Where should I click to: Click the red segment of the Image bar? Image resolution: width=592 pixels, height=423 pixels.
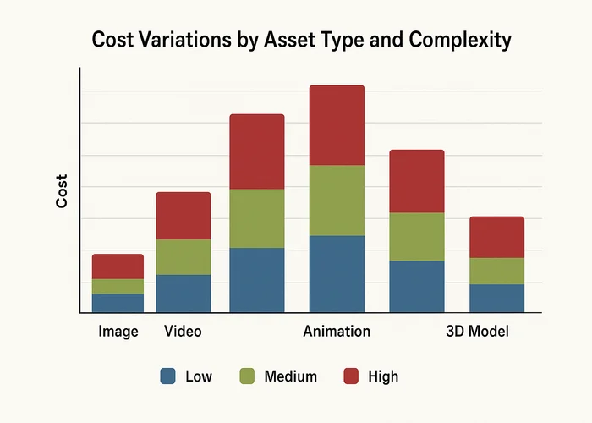(x=118, y=266)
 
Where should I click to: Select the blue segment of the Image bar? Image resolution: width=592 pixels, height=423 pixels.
(x=118, y=303)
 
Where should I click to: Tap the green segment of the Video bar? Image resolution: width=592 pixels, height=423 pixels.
(x=183, y=257)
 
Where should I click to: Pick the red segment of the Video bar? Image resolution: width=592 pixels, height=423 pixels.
(x=183, y=216)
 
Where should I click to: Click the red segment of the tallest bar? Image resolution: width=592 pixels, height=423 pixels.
(x=337, y=125)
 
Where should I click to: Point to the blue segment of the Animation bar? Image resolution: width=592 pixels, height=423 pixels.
(x=337, y=274)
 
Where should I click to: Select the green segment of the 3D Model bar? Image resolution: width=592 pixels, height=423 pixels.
(x=496, y=271)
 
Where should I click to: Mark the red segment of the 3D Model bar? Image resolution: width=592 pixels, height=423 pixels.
(x=496, y=237)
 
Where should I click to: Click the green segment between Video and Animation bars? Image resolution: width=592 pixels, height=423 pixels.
(x=257, y=218)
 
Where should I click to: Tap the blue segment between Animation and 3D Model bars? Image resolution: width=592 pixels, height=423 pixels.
(x=416, y=287)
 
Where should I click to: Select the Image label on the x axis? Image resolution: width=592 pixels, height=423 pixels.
(x=118, y=332)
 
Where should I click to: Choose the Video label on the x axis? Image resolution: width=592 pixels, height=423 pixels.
(x=183, y=332)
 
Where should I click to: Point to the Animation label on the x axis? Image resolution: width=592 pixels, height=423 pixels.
(x=337, y=332)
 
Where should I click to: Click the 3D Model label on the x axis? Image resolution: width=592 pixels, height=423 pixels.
(x=477, y=332)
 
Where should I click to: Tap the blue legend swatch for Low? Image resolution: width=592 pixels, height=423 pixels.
(x=167, y=376)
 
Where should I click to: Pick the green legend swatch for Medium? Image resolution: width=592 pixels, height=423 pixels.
(x=248, y=376)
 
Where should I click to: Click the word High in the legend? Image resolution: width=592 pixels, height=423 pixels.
(x=383, y=376)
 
